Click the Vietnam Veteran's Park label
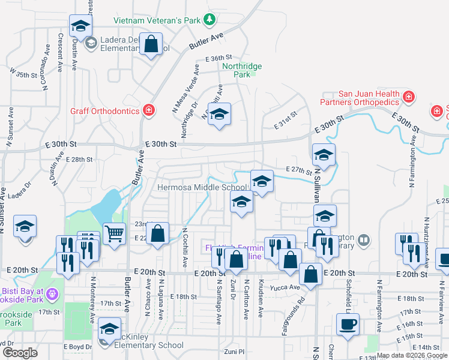(157, 20)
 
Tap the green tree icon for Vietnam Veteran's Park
(209, 20)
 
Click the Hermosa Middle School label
(202, 187)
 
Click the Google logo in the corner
(20, 353)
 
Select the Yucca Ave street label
(288, 287)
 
